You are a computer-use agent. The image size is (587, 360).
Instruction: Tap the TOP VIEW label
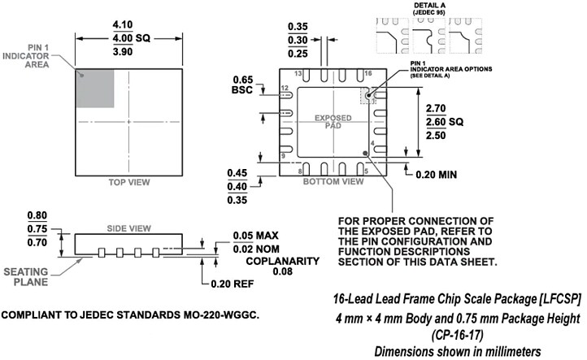coord(129,183)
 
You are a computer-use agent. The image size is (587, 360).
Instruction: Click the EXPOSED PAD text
coord(333,122)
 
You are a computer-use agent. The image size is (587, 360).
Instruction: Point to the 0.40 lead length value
coord(237,186)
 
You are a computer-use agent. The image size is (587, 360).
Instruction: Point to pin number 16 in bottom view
coord(367,73)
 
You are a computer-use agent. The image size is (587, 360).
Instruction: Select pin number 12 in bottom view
coord(285,87)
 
